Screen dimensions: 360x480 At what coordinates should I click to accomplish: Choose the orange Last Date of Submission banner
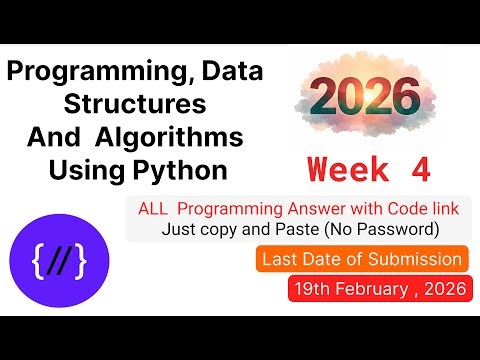(362, 260)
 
